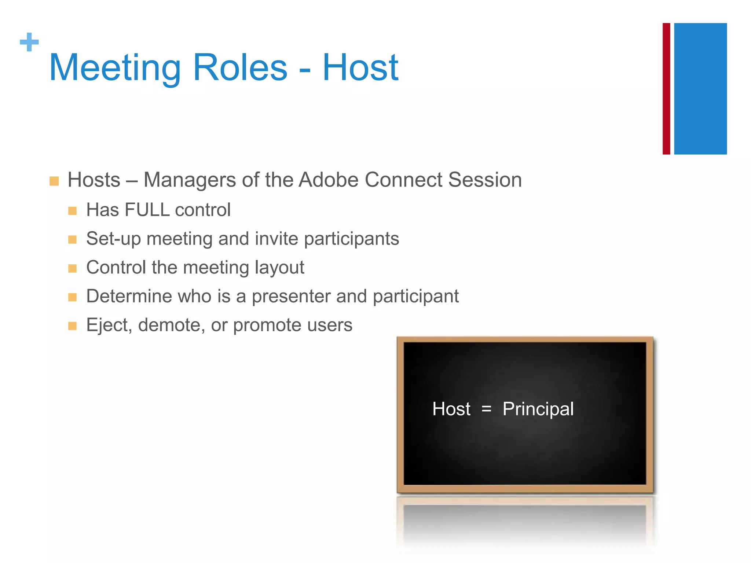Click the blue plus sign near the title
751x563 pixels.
[29, 42]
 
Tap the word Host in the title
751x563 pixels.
[360, 68]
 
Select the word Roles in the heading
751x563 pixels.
[240, 68]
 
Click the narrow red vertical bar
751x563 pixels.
[666, 89]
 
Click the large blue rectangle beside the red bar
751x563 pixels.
[700, 89]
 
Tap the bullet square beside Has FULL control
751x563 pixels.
[72, 211]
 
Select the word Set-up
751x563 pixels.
[113, 239]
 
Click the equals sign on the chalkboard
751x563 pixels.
[486, 409]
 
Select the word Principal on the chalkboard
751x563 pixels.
[538, 409]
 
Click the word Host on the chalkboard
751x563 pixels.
[451, 409]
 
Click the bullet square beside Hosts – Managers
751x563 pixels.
[54, 181]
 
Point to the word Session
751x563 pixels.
[485, 180]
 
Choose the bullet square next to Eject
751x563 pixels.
[72, 326]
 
